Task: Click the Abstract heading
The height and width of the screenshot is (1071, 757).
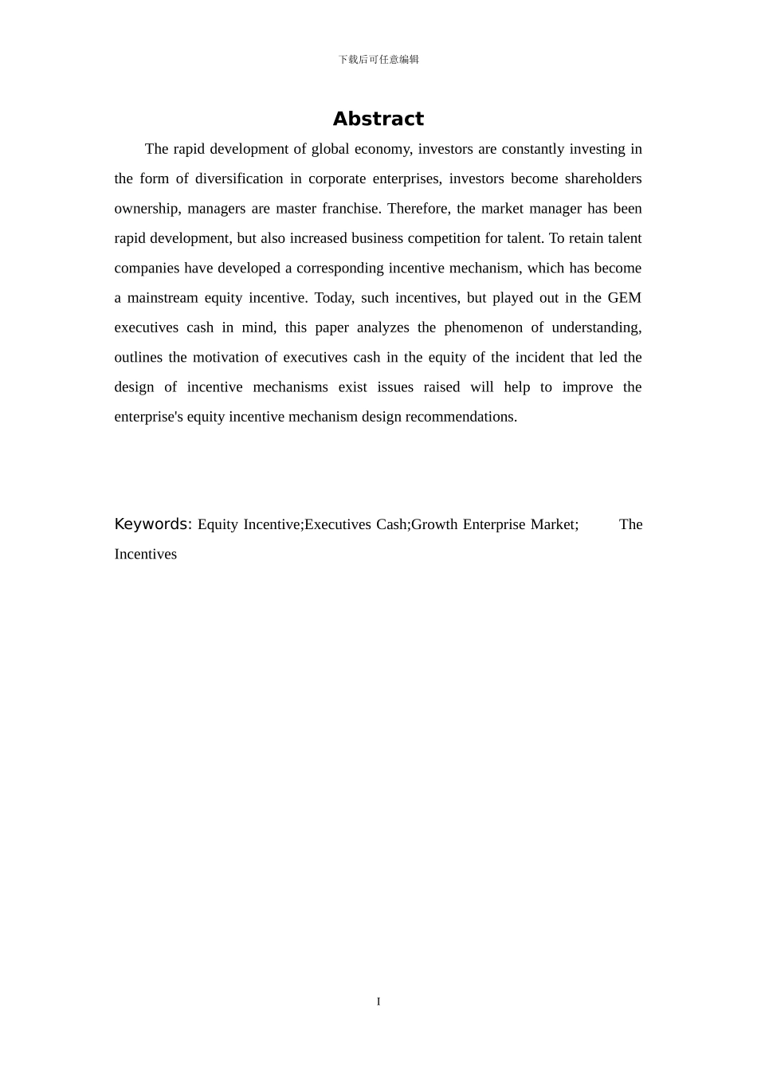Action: tap(378, 119)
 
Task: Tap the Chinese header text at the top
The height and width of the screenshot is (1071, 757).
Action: tap(378, 60)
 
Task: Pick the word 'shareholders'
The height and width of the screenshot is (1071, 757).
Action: tap(603, 178)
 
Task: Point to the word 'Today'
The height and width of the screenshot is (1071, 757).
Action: tap(332, 298)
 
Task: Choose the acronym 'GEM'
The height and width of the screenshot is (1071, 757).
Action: tap(624, 298)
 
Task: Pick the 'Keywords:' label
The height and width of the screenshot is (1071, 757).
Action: tap(153, 524)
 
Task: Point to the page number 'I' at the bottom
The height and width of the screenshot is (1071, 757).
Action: tap(378, 1002)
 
